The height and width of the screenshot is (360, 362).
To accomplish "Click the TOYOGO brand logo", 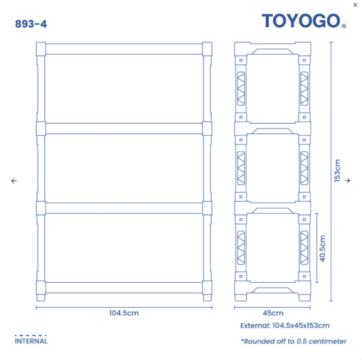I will coord(301,21).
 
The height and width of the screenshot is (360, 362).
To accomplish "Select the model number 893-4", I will coord(30,24).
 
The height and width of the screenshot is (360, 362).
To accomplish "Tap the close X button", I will coord(356,5).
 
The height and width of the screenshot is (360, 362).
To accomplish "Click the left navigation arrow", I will coord(14,181).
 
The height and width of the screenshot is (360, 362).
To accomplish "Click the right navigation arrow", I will coord(348,181).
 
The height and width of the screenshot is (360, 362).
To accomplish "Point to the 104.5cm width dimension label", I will coord(124,313).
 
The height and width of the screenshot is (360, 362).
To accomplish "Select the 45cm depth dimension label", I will coord(273,313).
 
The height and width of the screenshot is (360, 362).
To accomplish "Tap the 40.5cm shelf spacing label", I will coord(322,248).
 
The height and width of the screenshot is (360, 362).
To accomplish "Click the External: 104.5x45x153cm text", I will coord(285,325).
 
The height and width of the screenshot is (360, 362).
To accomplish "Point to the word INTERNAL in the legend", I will coord(31,341).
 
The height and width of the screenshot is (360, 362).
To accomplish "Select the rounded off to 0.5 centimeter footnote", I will coord(293,341).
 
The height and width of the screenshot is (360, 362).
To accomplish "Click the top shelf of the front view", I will coord(124,49).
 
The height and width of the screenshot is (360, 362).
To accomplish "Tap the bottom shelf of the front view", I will coord(124,287).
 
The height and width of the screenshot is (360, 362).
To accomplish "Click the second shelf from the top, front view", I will coord(124,129).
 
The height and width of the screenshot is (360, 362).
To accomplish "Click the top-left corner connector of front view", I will coord(41,49).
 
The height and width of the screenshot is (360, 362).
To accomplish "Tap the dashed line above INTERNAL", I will coord(31,336).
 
